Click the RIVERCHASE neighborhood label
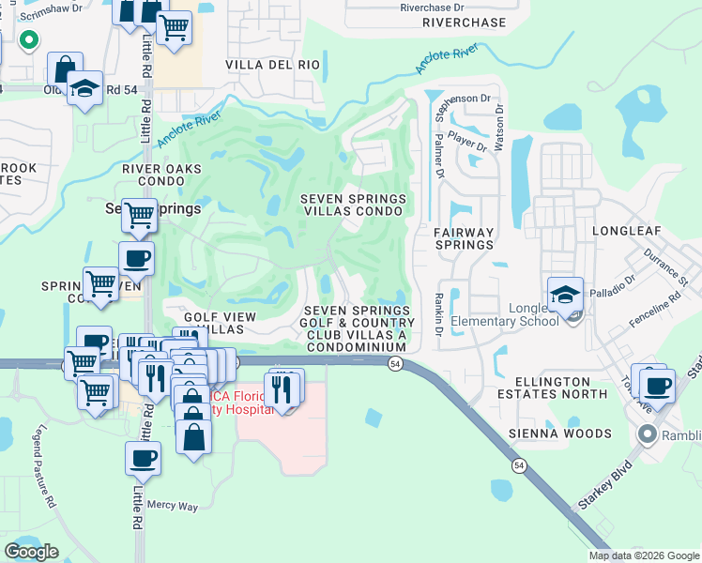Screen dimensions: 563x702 click(464, 23)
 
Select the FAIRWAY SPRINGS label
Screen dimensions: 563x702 click(464, 237)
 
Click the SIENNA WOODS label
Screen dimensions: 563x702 click(559, 434)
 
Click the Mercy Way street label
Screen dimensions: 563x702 click(173, 507)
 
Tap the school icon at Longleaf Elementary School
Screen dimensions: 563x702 click(566, 295)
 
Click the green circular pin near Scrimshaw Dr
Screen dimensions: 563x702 click(28, 39)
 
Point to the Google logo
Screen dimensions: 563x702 click(31, 552)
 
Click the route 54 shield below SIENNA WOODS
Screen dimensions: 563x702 click(518, 464)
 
